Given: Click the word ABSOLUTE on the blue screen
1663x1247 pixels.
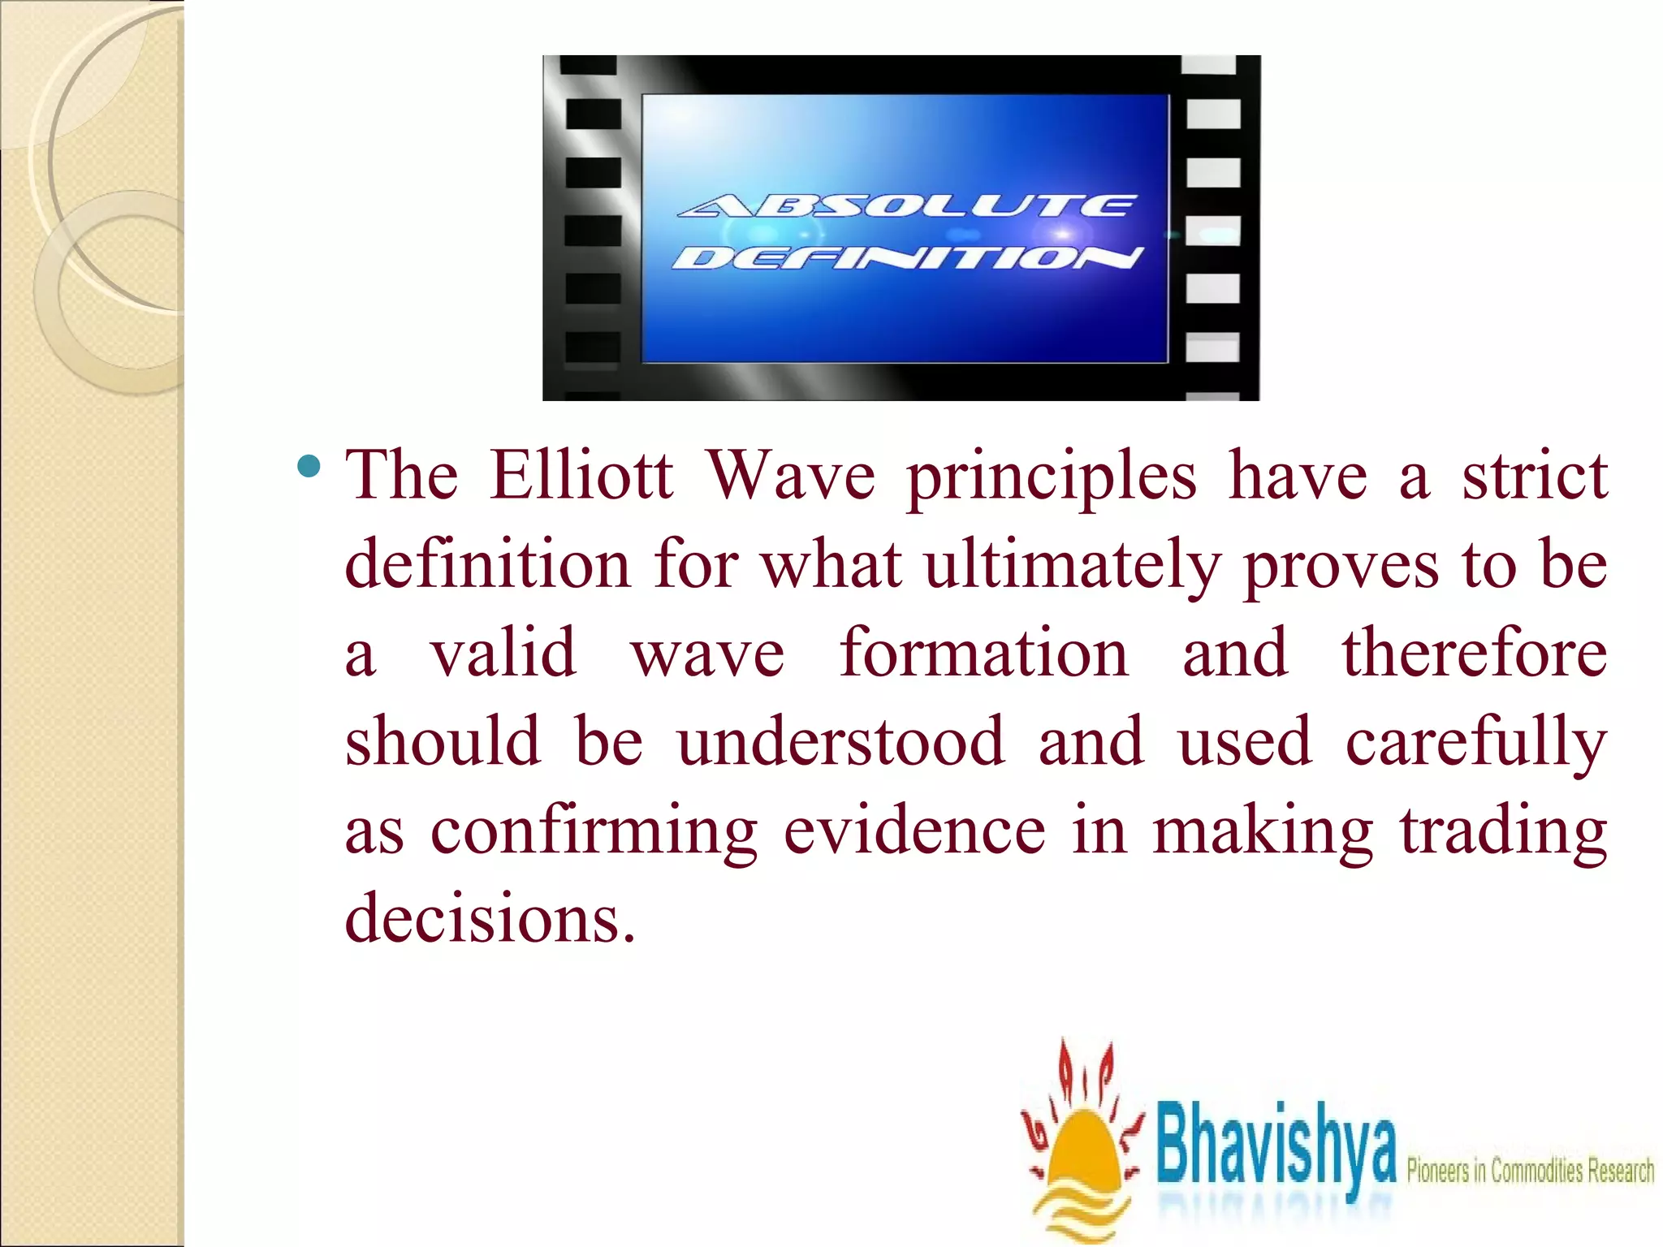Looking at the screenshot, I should [905, 206].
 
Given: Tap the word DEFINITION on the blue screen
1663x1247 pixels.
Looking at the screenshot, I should [906, 258].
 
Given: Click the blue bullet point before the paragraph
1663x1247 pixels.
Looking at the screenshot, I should [309, 467].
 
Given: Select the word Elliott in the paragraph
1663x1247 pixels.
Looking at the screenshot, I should [581, 475].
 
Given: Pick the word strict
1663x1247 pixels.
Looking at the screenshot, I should [1535, 475].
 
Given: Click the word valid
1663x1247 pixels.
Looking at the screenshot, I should [503, 653].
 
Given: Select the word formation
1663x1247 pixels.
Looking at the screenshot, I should [984, 653].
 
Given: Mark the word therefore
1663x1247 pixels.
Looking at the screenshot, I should [1474, 653].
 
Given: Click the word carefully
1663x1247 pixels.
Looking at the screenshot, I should [1476, 743].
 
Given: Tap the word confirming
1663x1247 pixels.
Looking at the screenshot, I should [594, 832].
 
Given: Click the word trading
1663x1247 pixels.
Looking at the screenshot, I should [1503, 832].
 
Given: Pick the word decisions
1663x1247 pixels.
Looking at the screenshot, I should [490, 918].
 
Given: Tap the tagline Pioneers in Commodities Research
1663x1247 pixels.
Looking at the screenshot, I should [1530, 1171].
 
